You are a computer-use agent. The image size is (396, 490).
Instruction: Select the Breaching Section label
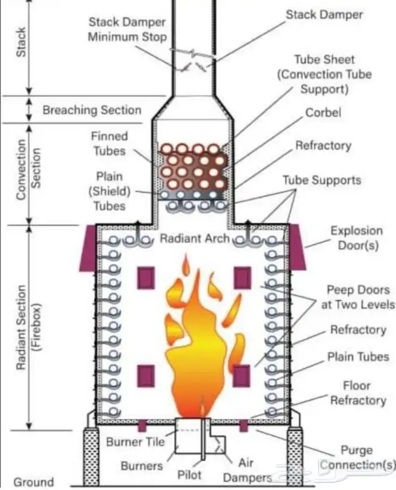(x=92, y=110)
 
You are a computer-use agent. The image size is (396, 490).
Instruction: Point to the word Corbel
(x=323, y=113)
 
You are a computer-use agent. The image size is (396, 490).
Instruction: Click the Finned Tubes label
(x=109, y=144)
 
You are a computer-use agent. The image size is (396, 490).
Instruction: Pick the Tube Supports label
(x=321, y=181)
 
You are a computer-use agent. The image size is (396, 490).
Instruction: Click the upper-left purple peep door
(x=147, y=277)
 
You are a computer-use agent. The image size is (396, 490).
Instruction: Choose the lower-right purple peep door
(x=242, y=376)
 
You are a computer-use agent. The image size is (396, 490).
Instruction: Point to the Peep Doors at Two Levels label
(x=358, y=297)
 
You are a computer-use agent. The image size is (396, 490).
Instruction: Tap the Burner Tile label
(x=135, y=441)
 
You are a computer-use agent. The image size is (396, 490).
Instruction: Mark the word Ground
(x=34, y=482)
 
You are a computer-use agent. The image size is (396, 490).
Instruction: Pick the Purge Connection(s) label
(x=357, y=458)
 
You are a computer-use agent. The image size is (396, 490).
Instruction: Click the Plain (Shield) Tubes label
(x=109, y=191)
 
